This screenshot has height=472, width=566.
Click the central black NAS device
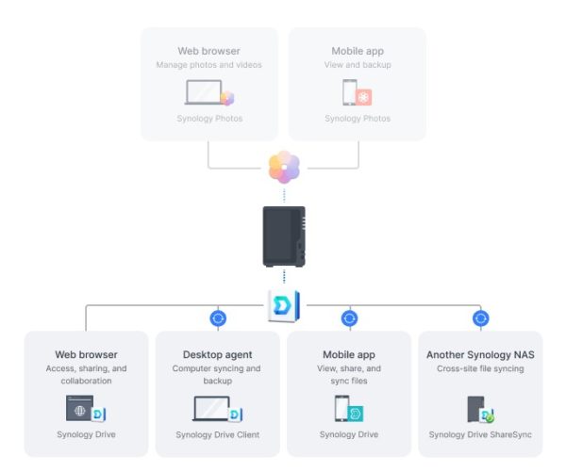click(284, 236)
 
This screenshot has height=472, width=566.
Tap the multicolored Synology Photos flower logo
click(284, 167)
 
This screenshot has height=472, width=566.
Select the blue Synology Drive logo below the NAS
click(284, 306)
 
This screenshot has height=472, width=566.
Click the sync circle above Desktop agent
click(218, 318)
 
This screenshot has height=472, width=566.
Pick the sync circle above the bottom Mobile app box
click(349, 318)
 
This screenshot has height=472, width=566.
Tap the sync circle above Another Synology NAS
click(481, 318)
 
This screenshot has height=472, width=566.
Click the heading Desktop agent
click(217, 354)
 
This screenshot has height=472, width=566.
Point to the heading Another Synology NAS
click(480, 355)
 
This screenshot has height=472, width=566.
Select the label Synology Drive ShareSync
click(480, 434)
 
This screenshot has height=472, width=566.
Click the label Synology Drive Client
click(218, 434)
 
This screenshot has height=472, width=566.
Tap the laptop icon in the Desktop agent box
click(211, 409)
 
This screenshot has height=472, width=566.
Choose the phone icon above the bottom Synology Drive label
click(341, 409)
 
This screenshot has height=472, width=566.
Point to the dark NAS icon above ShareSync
click(475, 409)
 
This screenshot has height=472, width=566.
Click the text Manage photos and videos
click(209, 65)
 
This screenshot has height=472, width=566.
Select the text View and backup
click(358, 65)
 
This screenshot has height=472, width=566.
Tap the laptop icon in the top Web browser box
click(204, 92)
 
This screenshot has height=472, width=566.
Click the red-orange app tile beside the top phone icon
click(364, 97)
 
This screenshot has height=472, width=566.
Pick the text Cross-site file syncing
click(480, 368)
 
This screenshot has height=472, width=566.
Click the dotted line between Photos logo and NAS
click(284, 195)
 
